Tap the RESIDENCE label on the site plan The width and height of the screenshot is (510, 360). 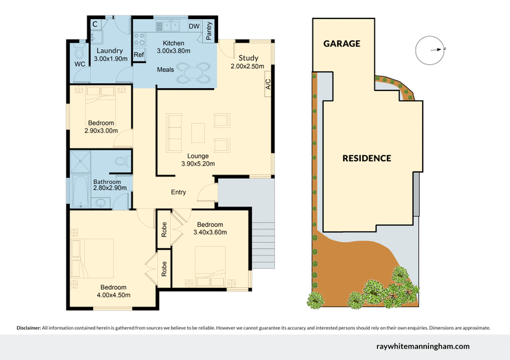[x=367, y=158]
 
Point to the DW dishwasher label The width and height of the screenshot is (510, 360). [x=194, y=26]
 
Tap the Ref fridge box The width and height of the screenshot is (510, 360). [x=139, y=55]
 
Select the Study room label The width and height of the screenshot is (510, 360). [x=245, y=57]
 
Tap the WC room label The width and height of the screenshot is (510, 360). [x=80, y=65]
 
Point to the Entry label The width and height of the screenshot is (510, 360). [x=178, y=192]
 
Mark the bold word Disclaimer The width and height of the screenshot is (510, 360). [x=28, y=328]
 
